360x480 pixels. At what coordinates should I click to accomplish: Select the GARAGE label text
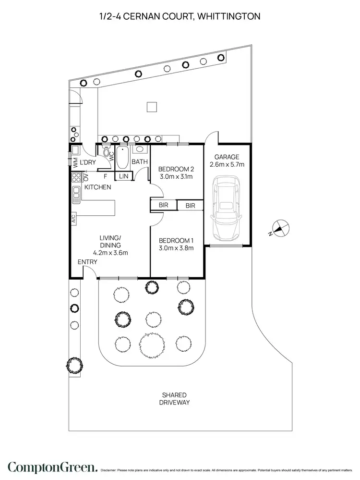point(227,157)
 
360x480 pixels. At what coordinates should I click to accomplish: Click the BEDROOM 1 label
point(176,241)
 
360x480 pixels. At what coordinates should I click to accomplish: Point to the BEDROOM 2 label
point(176,169)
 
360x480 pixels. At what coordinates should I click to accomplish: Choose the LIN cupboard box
point(124,176)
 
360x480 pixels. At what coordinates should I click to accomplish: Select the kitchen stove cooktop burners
point(75,179)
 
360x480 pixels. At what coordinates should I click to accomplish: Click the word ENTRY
point(87,262)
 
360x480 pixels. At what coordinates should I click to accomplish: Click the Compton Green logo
point(53,467)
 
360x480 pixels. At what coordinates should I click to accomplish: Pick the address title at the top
point(180,17)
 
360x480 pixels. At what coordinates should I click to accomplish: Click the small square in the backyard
point(152,107)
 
